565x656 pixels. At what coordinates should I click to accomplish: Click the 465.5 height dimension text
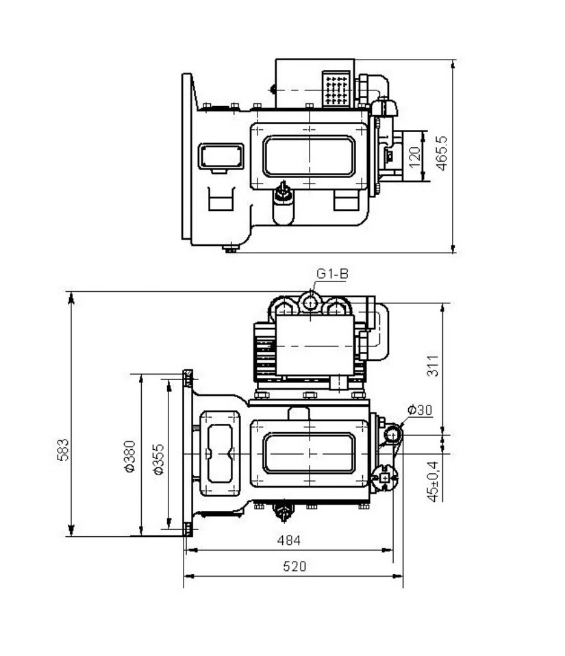tap(442, 153)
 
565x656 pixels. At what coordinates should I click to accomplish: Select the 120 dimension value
tap(414, 157)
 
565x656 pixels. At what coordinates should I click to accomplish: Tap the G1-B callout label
tap(332, 274)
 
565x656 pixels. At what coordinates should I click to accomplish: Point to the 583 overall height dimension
tap(62, 450)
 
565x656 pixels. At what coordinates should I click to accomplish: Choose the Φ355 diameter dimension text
tap(159, 459)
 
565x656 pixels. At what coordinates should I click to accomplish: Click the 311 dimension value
tap(433, 366)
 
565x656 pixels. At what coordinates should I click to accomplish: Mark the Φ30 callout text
tap(419, 410)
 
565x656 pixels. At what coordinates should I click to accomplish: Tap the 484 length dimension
tap(289, 540)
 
